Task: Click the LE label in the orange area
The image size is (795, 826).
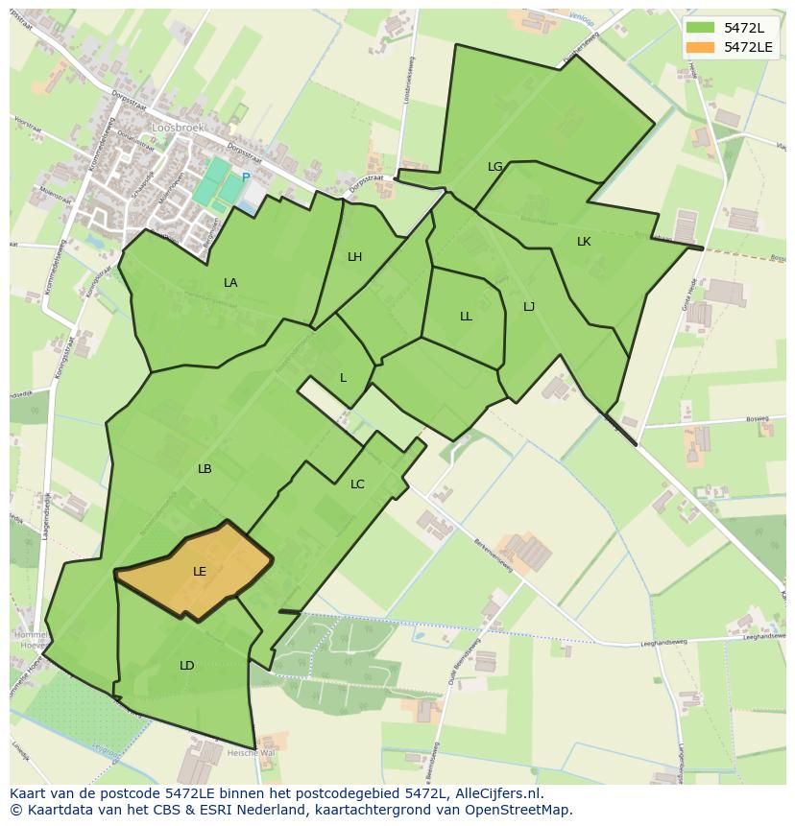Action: (200, 572)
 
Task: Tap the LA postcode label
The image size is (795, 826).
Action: (230, 283)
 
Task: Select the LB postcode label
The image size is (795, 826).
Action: (205, 469)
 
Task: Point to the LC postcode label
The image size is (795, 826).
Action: (357, 484)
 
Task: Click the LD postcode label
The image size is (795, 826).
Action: (186, 666)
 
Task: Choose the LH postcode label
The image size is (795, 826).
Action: (355, 257)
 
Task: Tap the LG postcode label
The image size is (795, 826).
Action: (495, 167)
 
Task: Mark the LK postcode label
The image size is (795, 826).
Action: (584, 242)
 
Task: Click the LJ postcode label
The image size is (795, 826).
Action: (529, 307)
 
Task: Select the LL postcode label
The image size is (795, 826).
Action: (466, 317)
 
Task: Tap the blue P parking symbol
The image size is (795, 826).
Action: (246, 177)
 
